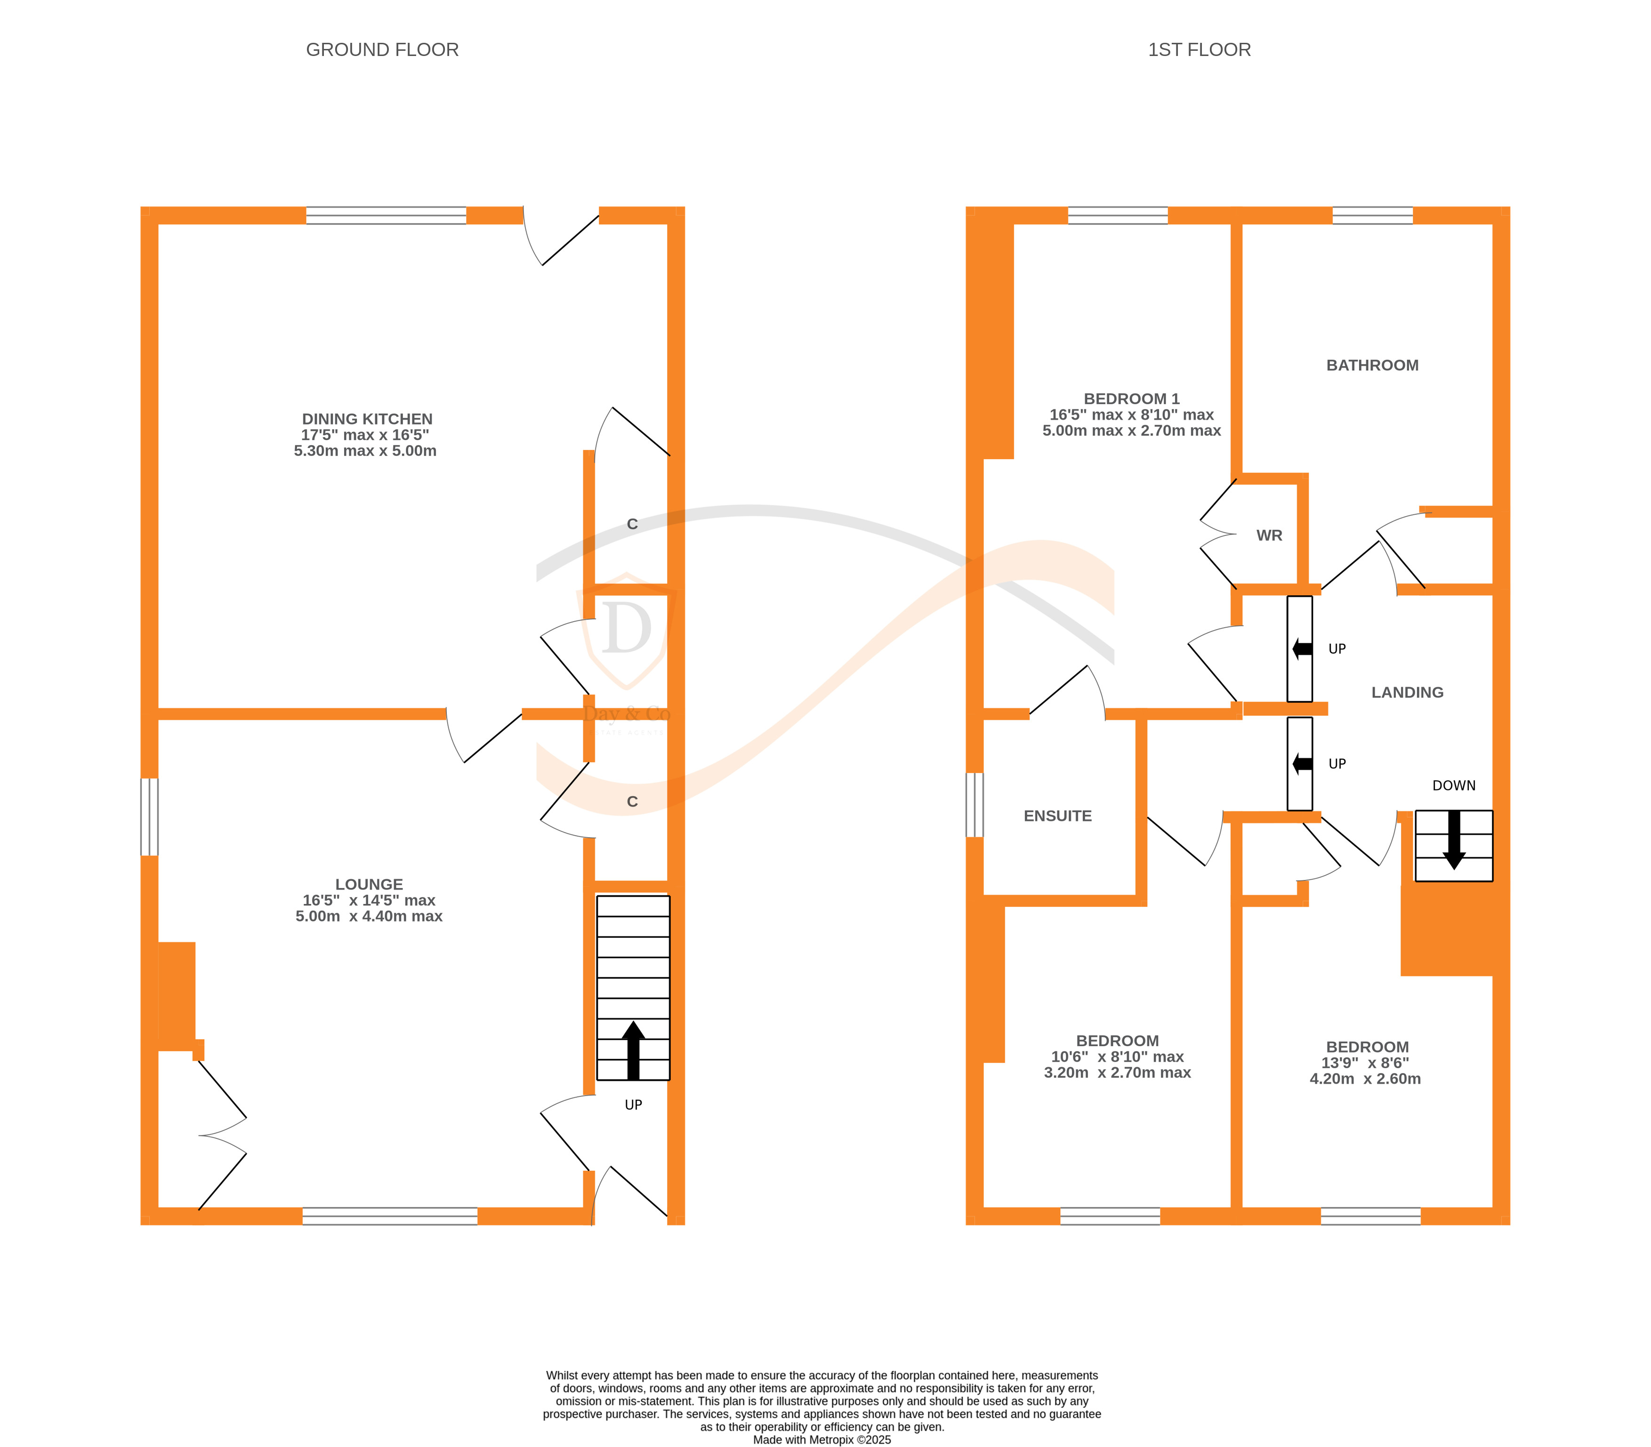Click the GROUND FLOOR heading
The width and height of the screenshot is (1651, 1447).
click(382, 50)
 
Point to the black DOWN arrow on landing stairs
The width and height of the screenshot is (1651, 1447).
click(1454, 840)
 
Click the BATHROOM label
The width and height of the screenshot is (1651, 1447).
click(1372, 365)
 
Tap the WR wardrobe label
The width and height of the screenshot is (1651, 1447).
click(1269, 536)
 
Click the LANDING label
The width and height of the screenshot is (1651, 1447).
click(1407, 692)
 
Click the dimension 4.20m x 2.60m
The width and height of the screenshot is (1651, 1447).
click(1365, 1079)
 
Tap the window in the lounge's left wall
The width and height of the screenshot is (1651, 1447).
click(149, 816)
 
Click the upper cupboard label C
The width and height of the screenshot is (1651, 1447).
click(632, 524)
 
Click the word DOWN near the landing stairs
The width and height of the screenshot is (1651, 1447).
click(1453, 786)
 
